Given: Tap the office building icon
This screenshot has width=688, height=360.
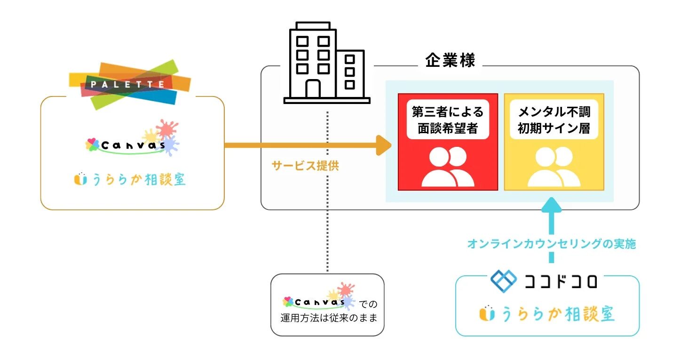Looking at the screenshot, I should (326, 64).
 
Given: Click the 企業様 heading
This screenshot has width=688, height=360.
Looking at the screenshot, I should (450, 61).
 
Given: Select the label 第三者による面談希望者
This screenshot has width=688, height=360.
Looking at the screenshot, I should (447, 120).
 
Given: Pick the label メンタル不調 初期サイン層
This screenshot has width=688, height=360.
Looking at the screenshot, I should (554, 120).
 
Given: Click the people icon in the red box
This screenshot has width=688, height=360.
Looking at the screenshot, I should (448, 167).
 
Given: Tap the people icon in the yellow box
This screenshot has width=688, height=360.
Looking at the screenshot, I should (554, 167).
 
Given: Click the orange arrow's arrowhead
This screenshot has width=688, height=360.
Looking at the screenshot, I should (385, 145).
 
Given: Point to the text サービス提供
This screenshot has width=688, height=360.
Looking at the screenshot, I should (305, 166).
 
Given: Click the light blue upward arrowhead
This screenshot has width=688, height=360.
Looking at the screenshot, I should (551, 205).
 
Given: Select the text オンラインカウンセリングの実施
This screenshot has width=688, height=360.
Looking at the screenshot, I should (551, 244).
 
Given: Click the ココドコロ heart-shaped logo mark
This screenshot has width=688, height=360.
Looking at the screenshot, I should (503, 280).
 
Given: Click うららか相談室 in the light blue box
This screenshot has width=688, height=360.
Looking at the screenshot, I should (547, 314).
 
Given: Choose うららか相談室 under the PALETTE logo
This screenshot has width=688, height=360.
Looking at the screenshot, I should (130, 179).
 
